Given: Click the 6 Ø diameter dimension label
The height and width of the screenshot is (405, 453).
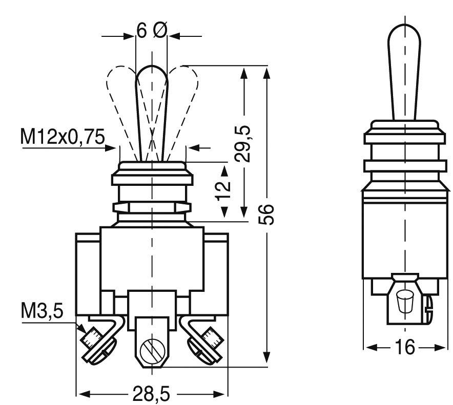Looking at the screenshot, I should (x=152, y=31).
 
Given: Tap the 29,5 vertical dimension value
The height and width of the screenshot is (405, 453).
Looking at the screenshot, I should (x=245, y=145).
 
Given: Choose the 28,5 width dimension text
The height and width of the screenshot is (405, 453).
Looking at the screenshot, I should (x=151, y=394).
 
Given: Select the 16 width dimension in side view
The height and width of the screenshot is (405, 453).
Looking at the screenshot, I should (x=404, y=347).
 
